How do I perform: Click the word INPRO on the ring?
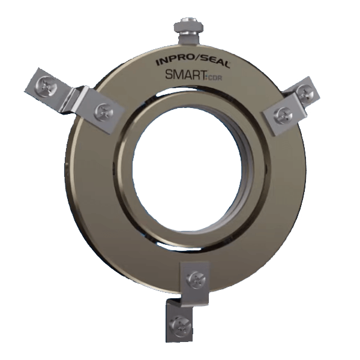point(170,61)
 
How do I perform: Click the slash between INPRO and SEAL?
point(191,61)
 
